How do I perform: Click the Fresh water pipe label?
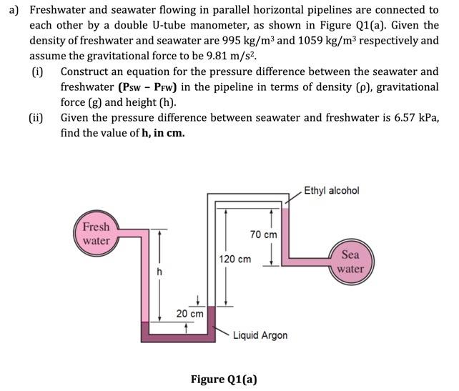click(97, 234)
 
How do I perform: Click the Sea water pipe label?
click(350, 262)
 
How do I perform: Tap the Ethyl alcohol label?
click(331, 191)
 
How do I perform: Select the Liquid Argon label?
click(260, 335)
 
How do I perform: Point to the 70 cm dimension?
click(263, 234)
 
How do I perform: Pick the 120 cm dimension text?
click(235, 259)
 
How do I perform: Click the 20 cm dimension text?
click(190, 314)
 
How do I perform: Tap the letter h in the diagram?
click(160, 272)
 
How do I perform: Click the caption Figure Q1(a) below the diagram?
click(224, 379)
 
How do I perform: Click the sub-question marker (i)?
click(37, 71)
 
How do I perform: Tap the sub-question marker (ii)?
click(36, 118)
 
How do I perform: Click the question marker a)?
click(14, 9)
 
